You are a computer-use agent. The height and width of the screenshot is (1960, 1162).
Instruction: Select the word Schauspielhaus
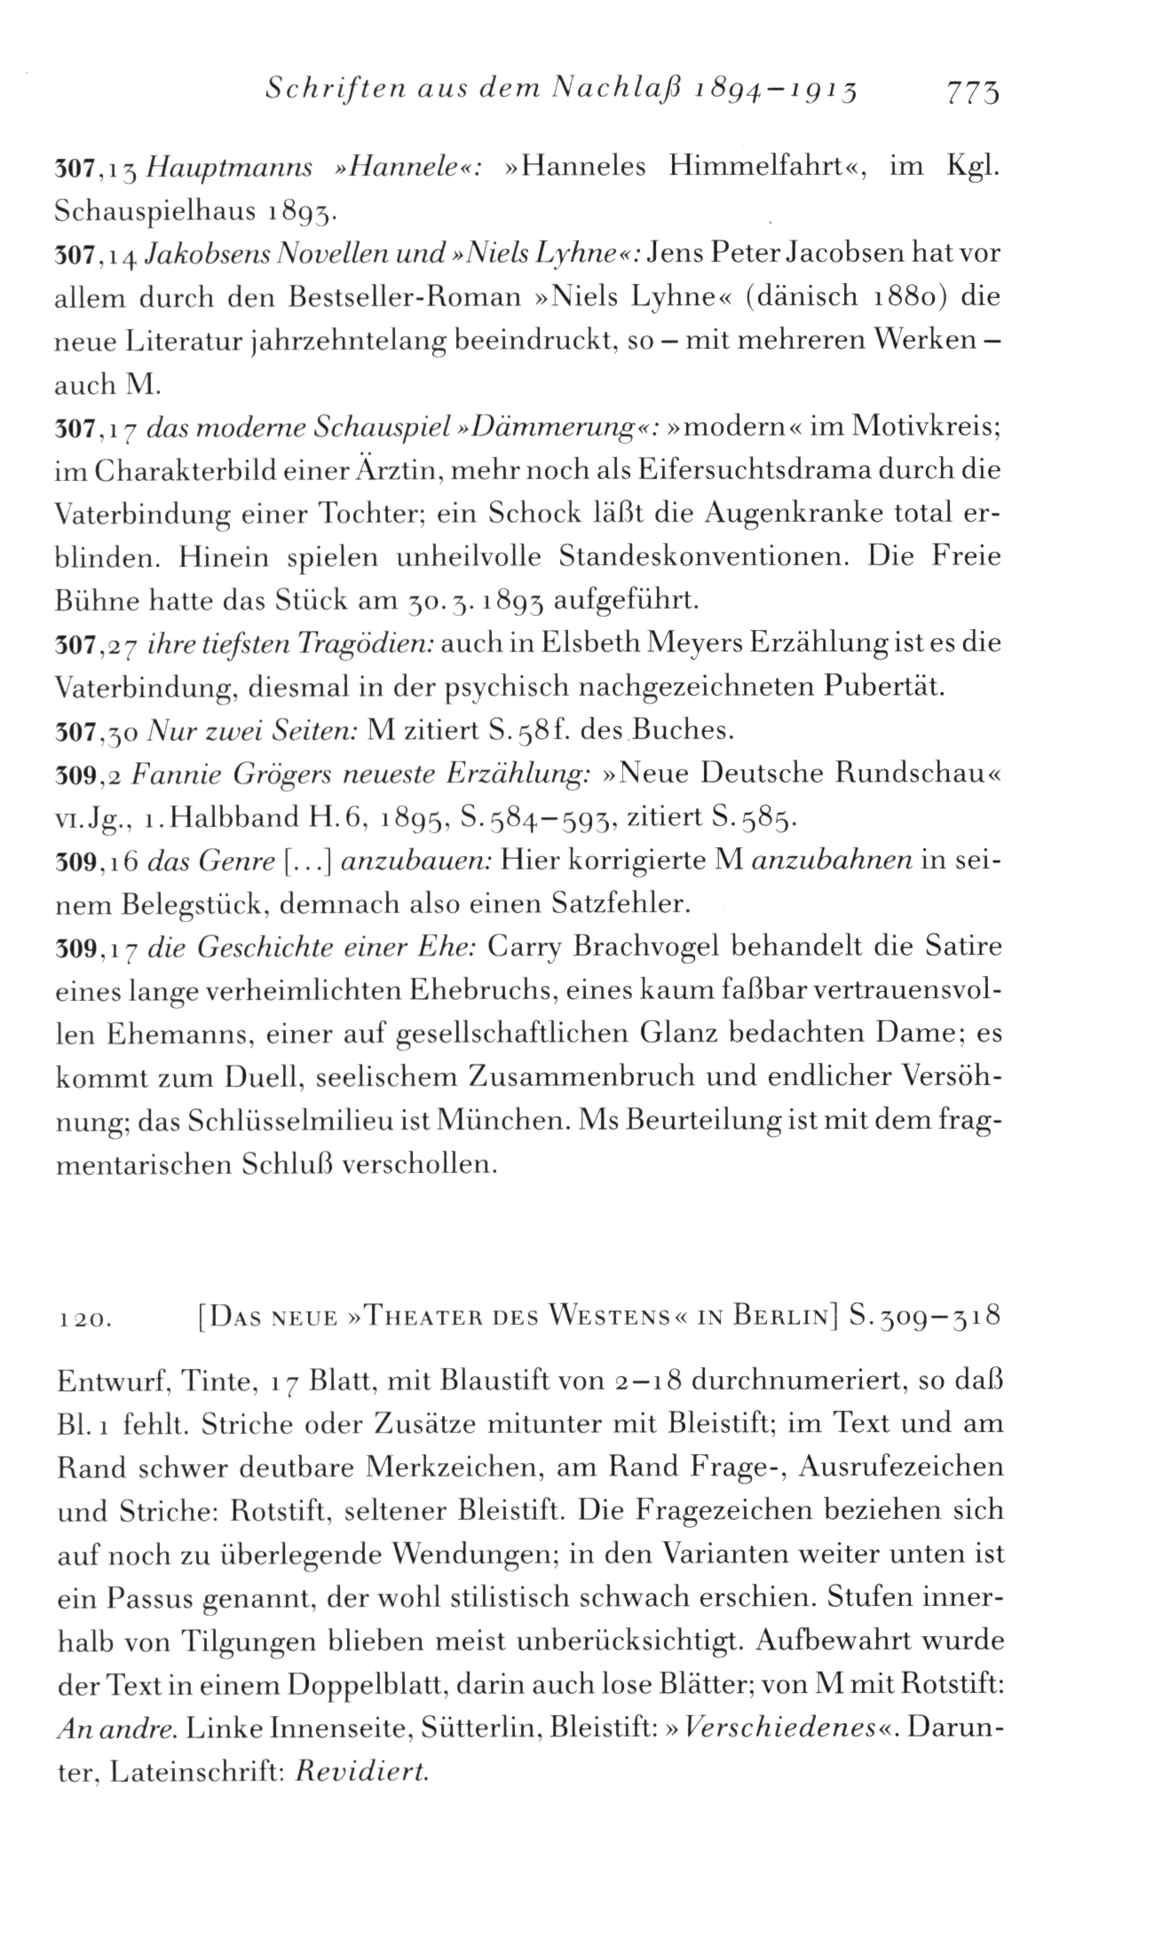(x=157, y=211)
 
